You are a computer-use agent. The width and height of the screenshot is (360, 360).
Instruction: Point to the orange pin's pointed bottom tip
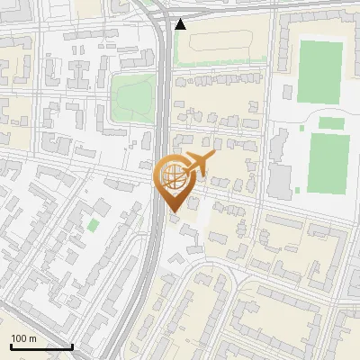(x=173, y=212)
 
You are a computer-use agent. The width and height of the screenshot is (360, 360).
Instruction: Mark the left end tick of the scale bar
(x=10, y=346)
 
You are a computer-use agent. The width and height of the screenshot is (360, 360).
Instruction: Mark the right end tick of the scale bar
(x=72, y=346)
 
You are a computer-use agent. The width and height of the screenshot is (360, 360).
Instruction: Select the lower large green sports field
(x=328, y=163)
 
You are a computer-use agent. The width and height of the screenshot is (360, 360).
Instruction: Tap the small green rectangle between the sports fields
(x=332, y=122)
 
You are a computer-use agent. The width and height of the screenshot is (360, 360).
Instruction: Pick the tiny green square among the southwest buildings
(x=94, y=224)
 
